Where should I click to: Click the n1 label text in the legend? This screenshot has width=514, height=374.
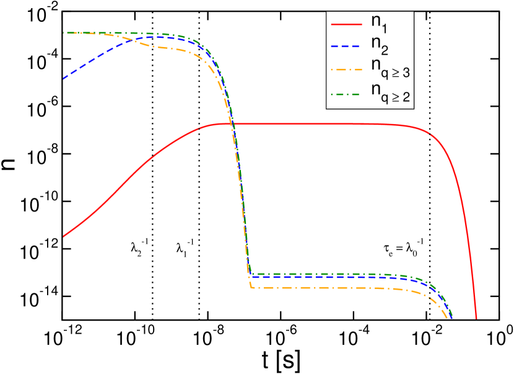(x=379, y=23)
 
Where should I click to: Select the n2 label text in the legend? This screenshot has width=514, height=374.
(x=379, y=45)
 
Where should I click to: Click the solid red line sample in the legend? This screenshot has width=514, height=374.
(x=346, y=24)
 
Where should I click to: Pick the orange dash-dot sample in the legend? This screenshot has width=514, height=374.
(x=346, y=68)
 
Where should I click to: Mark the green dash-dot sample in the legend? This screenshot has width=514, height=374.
(x=346, y=91)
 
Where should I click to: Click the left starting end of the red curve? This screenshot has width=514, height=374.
(x=64, y=236)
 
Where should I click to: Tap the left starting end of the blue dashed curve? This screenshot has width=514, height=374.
(x=64, y=79)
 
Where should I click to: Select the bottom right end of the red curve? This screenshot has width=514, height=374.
(x=476, y=319)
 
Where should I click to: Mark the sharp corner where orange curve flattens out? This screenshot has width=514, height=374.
(x=251, y=287)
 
